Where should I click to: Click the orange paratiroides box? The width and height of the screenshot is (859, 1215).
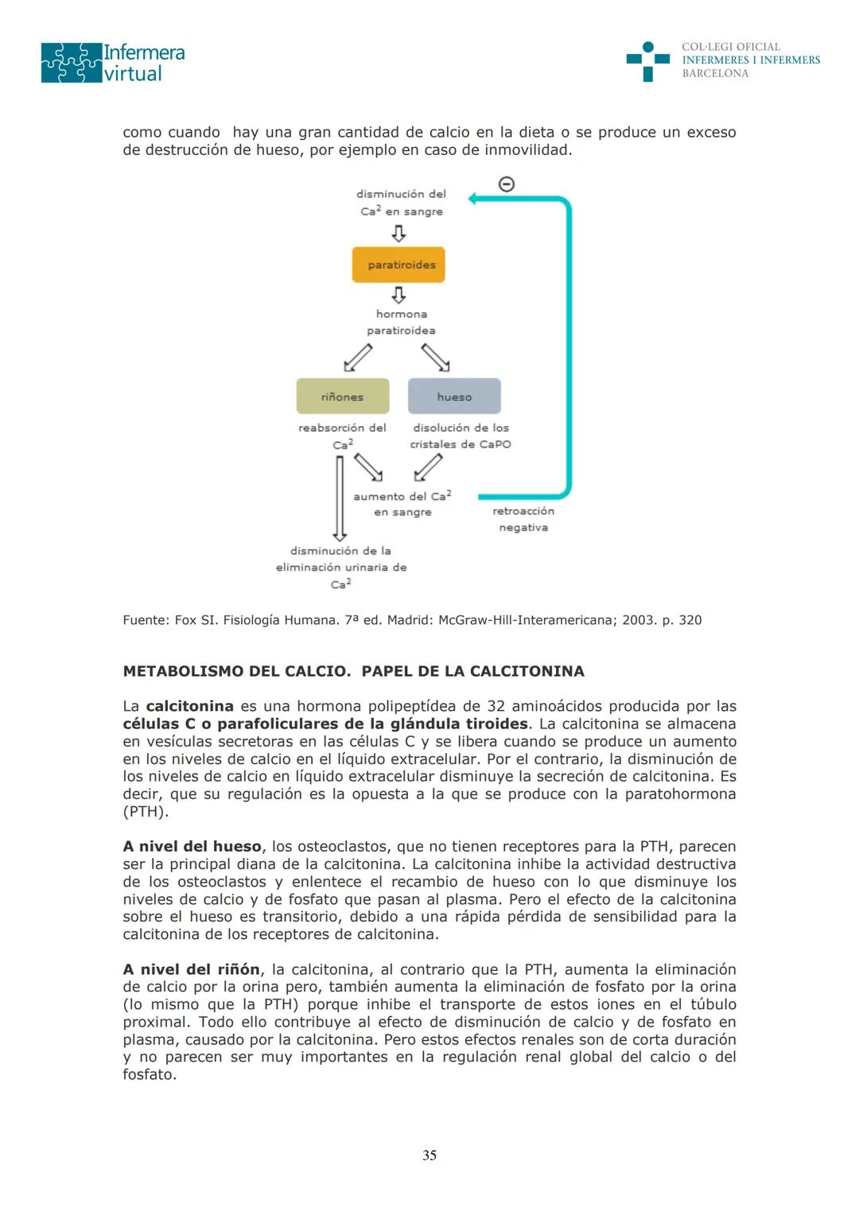[x=398, y=265]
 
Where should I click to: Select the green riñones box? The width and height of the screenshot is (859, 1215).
[x=343, y=396]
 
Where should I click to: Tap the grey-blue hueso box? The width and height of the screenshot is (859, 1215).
[x=454, y=396]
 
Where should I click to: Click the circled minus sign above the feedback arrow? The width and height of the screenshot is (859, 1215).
[x=506, y=184]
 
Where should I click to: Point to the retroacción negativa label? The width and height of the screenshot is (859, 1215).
[x=523, y=519]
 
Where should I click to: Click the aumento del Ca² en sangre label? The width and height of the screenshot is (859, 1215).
[x=402, y=504]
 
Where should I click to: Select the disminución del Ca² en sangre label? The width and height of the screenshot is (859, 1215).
[x=402, y=203]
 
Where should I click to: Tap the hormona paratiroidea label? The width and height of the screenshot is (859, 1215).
[x=401, y=322]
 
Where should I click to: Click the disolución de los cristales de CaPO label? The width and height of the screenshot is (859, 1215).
[x=461, y=436]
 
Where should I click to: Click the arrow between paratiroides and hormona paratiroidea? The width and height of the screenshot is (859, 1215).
[x=399, y=295]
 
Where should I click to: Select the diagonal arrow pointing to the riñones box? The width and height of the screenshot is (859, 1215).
[x=358, y=358]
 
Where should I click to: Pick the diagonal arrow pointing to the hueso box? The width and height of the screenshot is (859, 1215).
[x=435, y=358]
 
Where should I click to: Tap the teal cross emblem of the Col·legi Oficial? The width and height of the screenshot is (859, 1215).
[x=647, y=60]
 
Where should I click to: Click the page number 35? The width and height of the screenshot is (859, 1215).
[x=429, y=1155]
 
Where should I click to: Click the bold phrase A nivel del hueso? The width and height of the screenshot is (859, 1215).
[x=192, y=846]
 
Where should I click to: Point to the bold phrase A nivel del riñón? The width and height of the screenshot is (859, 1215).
[x=191, y=969]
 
